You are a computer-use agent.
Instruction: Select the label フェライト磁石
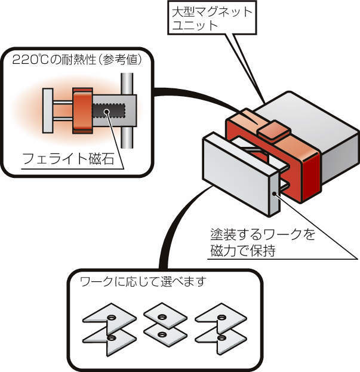(x=63, y=159)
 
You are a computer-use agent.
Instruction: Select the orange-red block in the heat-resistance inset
(x=81, y=110)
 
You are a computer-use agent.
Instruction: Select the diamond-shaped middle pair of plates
(x=162, y=324)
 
